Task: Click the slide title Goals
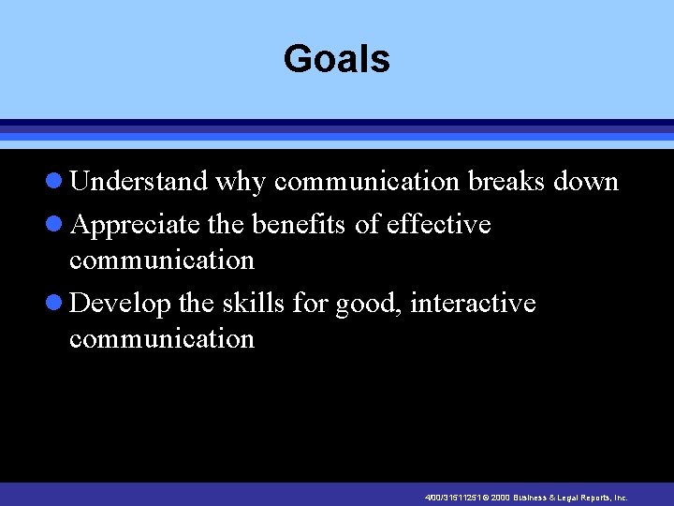[x=336, y=59]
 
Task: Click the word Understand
[x=139, y=181]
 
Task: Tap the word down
[x=586, y=181]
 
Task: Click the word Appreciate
[x=134, y=226]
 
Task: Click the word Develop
[x=120, y=305]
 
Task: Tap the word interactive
[x=473, y=304]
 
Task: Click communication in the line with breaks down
[x=366, y=181]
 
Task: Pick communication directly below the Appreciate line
[x=161, y=260]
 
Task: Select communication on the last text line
[x=161, y=338]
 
